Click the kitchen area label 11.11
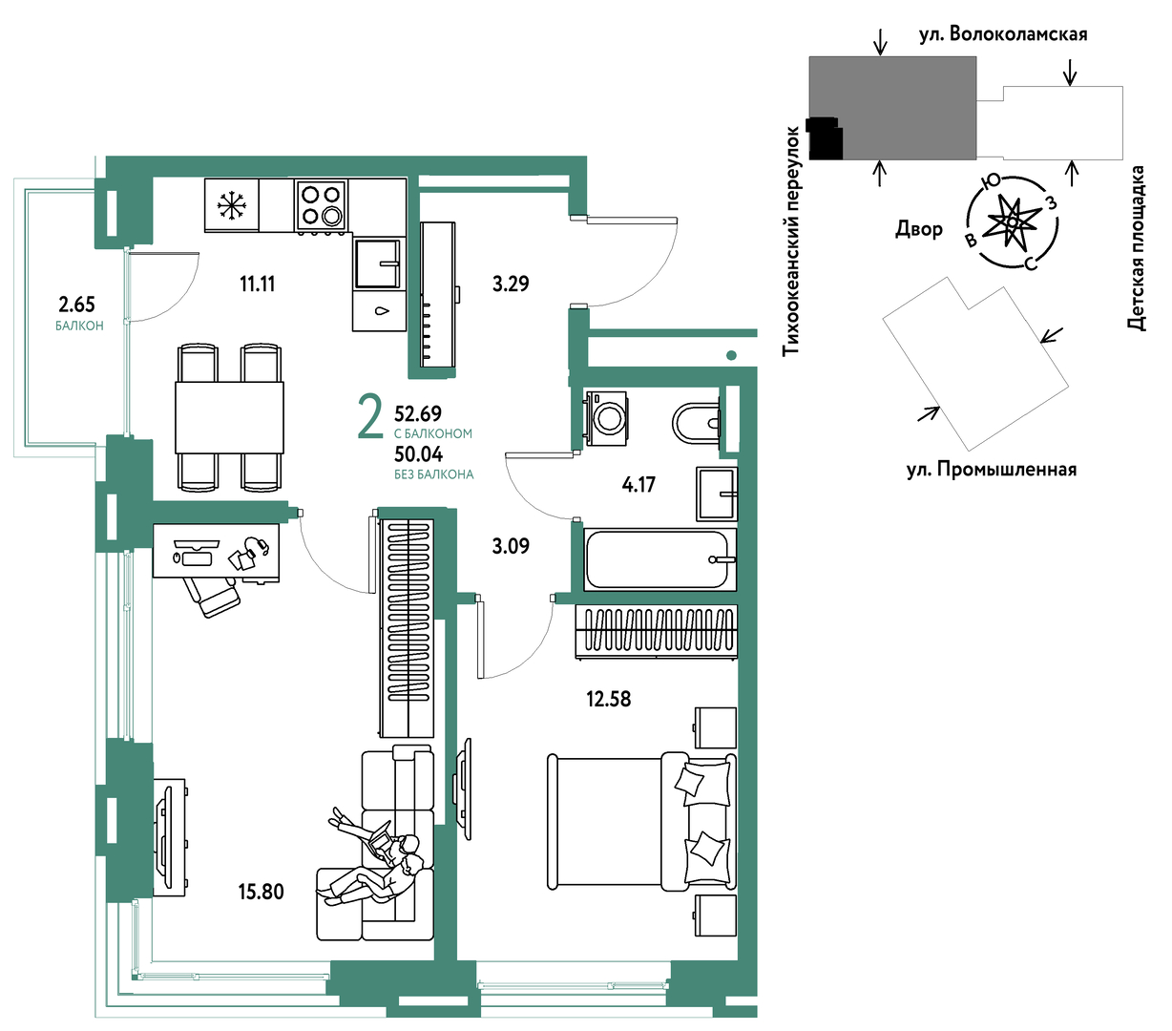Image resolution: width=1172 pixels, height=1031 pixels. point(258,284)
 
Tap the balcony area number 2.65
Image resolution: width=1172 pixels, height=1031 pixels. point(77,305)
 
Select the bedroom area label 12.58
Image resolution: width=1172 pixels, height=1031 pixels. point(609,699)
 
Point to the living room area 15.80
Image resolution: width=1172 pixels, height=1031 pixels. point(262,892)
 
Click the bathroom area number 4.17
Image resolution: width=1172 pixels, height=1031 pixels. point(638,484)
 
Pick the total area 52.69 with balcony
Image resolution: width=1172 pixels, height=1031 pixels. point(418,413)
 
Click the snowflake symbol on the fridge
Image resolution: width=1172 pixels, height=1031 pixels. point(231,205)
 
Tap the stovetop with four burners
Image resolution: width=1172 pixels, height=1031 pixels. point(321,204)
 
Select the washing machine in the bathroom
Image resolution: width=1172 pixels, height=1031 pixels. point(606,418)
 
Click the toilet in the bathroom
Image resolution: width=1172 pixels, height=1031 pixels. point(696,423)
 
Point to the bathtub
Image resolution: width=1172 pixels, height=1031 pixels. point(659,559)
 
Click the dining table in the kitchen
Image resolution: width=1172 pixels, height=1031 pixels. point(230,417)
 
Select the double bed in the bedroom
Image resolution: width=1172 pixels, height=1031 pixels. point(641,821)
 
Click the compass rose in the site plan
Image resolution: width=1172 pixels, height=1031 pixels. point(1012,222)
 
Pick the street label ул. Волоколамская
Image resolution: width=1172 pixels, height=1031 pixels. point(1003,34)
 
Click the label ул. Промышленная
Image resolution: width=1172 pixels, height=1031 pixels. point(992,469)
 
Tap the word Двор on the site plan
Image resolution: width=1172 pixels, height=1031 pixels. point(919,229)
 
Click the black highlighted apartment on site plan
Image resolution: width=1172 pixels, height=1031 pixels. point(826,137)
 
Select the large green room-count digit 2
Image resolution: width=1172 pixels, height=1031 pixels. point(370,416)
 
